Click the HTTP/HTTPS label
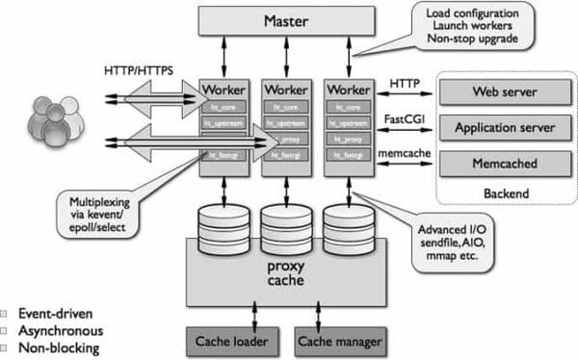point(138,71)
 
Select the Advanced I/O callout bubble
point(453,244)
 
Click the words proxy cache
point(285,272)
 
